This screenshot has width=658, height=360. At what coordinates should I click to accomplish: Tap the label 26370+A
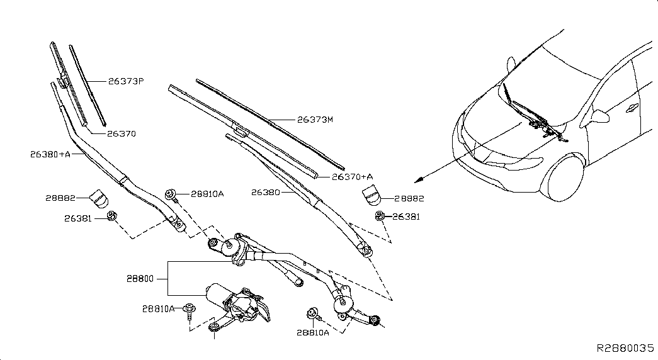click(x=353, y=177)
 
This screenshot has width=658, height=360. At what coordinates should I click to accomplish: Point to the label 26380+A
click(x=50, y=153)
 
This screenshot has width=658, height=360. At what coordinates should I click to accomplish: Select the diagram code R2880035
click(x=625, y=348)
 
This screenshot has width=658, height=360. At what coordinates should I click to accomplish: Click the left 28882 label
click(x=60, y=198)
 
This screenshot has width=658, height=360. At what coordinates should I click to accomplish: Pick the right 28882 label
click(x=409, y=198)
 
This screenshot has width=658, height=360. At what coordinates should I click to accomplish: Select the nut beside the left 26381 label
click(x=111, y=218)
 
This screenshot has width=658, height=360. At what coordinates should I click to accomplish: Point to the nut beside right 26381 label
click(x=380, y=217)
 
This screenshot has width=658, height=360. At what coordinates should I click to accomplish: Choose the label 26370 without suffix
click(x=121, y=133)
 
